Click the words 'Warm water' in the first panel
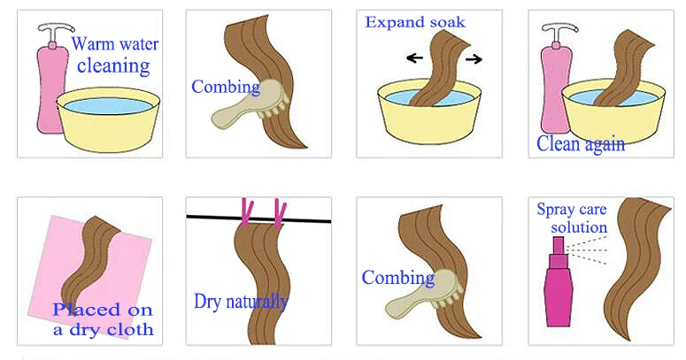coord(110,43)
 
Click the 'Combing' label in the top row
coord(225,87)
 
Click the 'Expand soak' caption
coord(414,21)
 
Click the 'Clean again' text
coord(581,143)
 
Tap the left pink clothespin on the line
coord(246,211)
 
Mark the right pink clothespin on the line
coord(280,211)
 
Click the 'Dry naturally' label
coord(241,302)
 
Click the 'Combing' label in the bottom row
coord(397,278)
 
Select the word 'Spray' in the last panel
coord(556,210)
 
